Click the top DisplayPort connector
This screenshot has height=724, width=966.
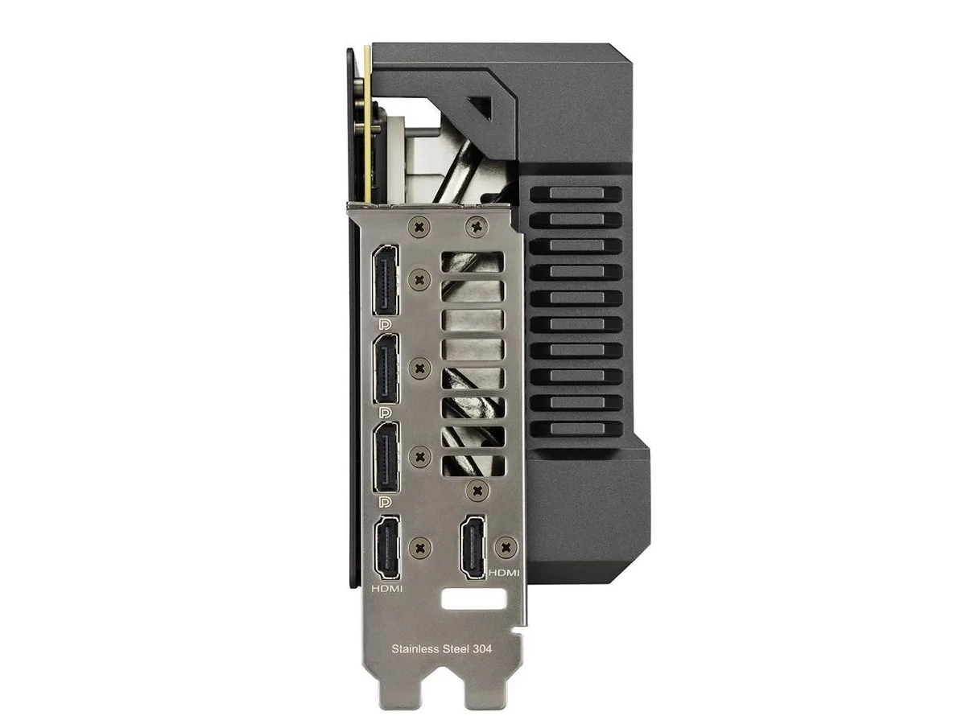[386, 280]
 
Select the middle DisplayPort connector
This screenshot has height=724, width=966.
[386, 368]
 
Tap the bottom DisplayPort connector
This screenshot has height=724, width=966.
[386, 457]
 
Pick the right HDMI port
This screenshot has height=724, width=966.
[473, 548]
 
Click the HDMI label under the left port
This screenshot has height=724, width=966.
[387, 588]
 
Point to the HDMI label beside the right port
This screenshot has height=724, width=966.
[504, 573]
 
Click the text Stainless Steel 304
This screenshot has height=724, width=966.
[441, 649]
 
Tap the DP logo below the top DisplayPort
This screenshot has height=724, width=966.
[385, 324]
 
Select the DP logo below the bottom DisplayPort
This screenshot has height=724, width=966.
[385, 501]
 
